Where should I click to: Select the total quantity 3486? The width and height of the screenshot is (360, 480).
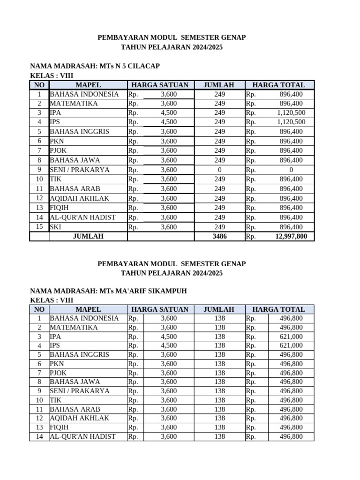click(x=219, y=236)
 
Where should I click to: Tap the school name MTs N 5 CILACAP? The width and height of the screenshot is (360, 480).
click(x=130, y=66)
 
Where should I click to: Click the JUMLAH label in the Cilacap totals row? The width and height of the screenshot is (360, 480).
click(x=88, y=236)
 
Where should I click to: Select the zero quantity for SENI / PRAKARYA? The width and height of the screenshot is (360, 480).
click(x=219, y=170)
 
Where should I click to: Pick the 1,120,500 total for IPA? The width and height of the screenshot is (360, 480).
click(x=291, y=112)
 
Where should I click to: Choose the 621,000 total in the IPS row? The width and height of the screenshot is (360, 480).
click(x=291, y=345)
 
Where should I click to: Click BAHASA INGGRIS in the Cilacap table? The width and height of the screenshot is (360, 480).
click(x=79, y=132)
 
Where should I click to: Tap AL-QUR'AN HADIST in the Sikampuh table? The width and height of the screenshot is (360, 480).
click(x=82, y=436)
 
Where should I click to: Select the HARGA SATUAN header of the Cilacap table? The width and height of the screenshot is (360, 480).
click(x=160, y=85)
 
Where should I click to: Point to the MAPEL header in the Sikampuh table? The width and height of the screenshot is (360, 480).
click(x=88, y=309)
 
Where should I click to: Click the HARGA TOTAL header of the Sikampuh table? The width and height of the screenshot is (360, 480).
click(x=278, y=309)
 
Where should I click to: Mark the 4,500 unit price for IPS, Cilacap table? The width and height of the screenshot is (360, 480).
click(x=169, y=122)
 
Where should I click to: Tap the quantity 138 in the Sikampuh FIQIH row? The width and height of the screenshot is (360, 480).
click(x=219, y=427)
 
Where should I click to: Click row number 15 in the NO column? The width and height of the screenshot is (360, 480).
click(x=39, y=227)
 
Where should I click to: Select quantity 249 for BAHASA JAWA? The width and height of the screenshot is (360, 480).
click(x=219, y=160)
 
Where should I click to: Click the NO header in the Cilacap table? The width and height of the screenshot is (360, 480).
click(x=39, y=85)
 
